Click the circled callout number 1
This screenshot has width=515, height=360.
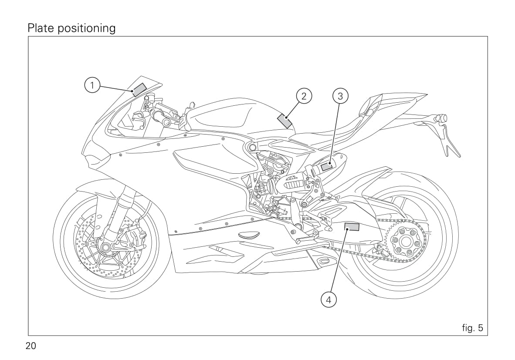click(91, 85)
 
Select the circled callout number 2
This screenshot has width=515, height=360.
click(304, 96)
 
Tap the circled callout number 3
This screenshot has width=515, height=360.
click(340, 96)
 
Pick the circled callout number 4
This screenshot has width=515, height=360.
click(329, 299)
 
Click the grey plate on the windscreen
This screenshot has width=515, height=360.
click(139, 89)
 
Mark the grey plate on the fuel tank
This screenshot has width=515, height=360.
click(285, 120)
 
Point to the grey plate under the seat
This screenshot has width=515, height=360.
click(327, 166)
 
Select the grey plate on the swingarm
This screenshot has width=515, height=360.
click(352, 226)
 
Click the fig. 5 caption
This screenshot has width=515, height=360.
click(472, 328)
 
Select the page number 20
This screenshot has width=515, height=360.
click(31, 347)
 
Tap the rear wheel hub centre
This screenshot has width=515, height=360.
click(403, 242)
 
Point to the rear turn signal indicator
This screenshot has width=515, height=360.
click(441, 118)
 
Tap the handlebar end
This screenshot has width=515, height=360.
click(166, 122)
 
